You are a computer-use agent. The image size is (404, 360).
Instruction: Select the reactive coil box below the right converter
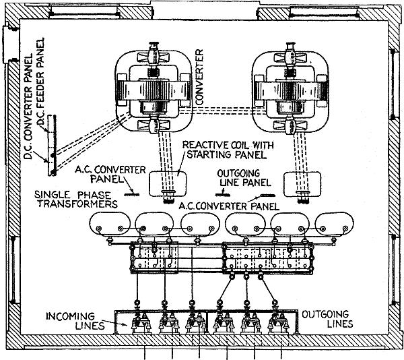299,182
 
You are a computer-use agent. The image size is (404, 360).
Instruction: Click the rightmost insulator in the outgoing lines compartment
275,323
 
